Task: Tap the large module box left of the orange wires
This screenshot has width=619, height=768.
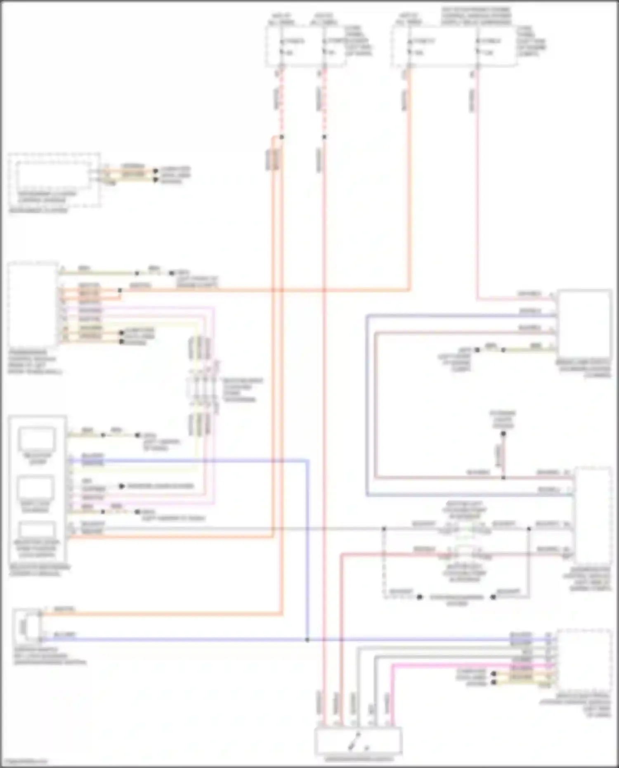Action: [x=33, y=305]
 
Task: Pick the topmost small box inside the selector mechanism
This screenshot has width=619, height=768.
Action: [x=37, y=440]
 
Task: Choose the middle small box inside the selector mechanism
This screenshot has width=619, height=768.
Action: [x=37, y=488]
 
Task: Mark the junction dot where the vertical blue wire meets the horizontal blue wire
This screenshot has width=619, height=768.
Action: [x=307, y=640]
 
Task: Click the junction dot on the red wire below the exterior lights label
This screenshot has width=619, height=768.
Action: [x=503, y=477]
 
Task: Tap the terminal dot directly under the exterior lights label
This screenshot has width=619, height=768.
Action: [x=503, y=434]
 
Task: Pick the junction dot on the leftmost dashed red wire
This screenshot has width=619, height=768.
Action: [x=281, y=137]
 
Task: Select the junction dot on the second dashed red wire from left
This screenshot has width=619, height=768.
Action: [x=324, y=137]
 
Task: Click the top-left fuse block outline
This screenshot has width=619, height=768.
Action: [x=306, y=45]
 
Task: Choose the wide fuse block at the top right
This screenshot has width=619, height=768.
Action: [x=454, y=45]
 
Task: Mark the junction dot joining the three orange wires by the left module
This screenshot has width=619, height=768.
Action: [x=120, y=291]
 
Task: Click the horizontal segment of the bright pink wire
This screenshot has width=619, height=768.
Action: [x=454, y=665]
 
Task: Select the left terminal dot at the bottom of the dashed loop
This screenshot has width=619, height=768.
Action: [x=420, y=597]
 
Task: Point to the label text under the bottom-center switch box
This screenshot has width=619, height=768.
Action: [x=358, y=759]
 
